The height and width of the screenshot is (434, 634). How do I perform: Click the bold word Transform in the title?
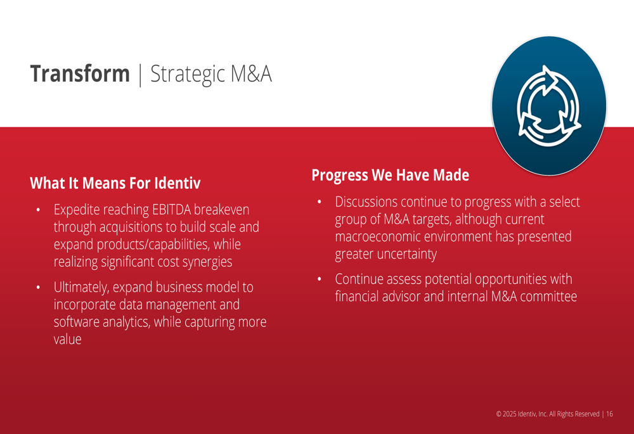[80, 73]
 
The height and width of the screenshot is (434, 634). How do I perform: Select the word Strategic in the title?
[188, 75]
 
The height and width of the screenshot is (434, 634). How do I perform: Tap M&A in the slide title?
[250, 73]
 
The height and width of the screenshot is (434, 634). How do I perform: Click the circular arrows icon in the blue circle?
[548, 105]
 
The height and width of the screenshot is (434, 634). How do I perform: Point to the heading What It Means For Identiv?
[115, 183]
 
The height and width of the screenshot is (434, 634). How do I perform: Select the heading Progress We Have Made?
[390, 175]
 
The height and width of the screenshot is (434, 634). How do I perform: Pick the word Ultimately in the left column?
[81, 287]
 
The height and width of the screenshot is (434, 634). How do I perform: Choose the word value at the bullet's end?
[68, 339]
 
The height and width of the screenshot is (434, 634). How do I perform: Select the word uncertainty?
[407, 254]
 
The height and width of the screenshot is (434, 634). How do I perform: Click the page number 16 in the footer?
[609, 414]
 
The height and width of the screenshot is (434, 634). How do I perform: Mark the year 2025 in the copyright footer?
[509, 414]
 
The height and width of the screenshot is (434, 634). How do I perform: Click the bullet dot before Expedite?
[38, 210]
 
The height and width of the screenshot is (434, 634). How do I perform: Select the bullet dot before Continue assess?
[320, 279]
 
